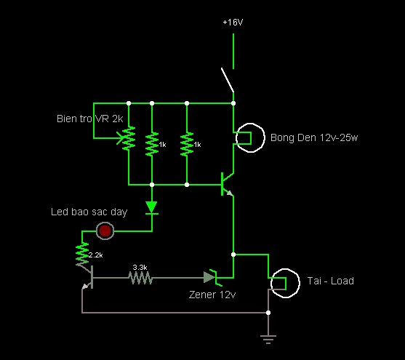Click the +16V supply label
(x=233, y=23)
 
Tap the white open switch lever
(x=228, y=80)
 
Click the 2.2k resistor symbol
(x=82, y=254)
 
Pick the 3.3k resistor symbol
(x=140, y=278)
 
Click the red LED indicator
(x=105, y=231)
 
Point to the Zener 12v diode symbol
(x=212, y=278)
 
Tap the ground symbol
(x=268, y=340)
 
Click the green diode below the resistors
(x=152, y=208)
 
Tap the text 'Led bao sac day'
(x=89, y=212)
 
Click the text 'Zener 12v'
(x=212, y=295)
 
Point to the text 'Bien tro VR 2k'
(x=90, y=119)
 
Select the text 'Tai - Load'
(x=331, y=281)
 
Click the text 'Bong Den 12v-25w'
(x=314, y=137)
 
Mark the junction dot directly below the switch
(x=233, y=103)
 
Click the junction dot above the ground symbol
(x=268, y=313)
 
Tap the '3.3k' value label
(x=140, y=267)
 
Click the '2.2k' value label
(x=95, y=255)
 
